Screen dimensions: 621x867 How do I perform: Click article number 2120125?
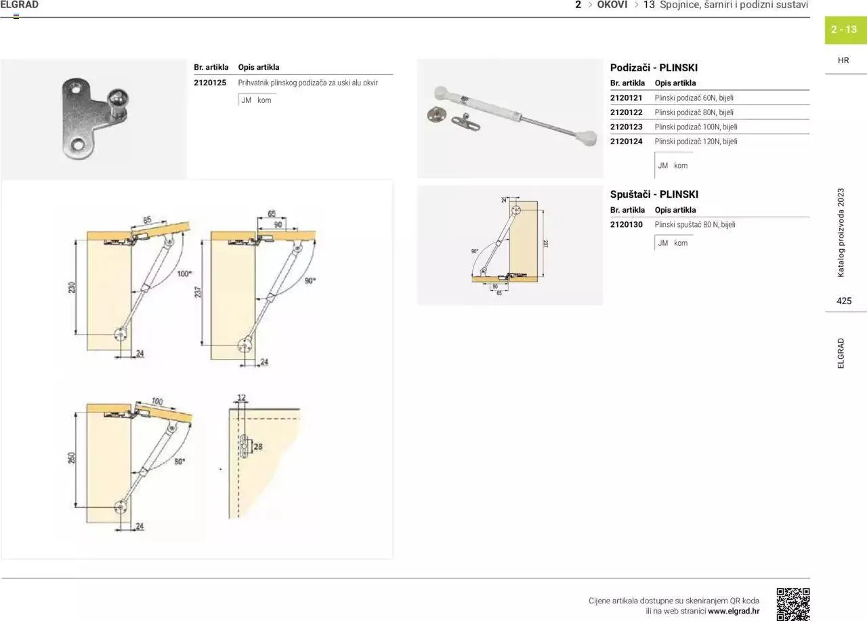(209, 83)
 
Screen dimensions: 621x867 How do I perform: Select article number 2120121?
(626, 98)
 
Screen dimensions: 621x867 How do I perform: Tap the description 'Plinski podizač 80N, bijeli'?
(694, 112)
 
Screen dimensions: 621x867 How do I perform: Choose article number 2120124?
(626, 142)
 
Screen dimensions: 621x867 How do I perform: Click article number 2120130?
(626, 224)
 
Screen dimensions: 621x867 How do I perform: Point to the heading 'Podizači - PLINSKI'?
(653, 68)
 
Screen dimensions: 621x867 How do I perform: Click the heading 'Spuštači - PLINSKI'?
(654, 194)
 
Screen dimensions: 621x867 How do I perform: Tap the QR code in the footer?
(792, 604)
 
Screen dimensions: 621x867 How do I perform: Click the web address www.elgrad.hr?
(734, 611)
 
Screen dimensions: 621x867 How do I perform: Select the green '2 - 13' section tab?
(845, 30)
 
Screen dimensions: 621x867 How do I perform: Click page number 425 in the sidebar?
(844, 301)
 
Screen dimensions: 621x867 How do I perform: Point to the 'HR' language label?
(843, 60)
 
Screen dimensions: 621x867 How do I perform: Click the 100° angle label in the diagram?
(184, 274)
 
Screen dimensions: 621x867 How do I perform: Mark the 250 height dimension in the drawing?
(72, 458)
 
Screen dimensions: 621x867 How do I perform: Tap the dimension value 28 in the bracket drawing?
(258, 446)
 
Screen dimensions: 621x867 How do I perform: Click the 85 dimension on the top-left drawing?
(147, 219)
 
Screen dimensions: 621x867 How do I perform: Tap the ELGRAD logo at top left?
(20, 5)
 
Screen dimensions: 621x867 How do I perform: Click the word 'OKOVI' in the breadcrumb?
(612, 5)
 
